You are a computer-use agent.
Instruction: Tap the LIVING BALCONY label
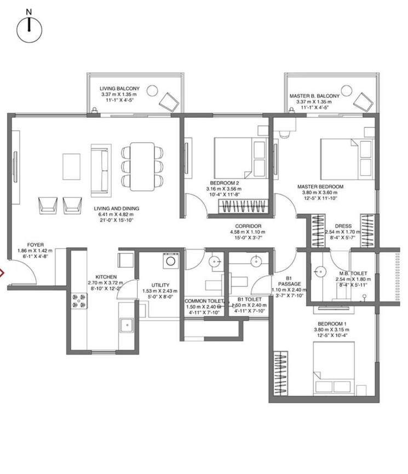119,88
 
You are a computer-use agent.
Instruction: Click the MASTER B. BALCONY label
314,96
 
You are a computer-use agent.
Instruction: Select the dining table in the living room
142,166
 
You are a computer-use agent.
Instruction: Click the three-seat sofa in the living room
101,170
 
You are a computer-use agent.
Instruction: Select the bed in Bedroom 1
335,368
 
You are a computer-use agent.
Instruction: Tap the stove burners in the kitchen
77,300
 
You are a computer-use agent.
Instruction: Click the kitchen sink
128,326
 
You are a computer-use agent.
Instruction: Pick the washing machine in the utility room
170,261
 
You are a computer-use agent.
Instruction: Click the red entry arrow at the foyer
2,273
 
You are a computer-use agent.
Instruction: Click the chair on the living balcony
168,101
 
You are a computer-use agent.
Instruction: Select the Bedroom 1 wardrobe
281,374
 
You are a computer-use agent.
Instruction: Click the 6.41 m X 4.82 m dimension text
116,215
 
